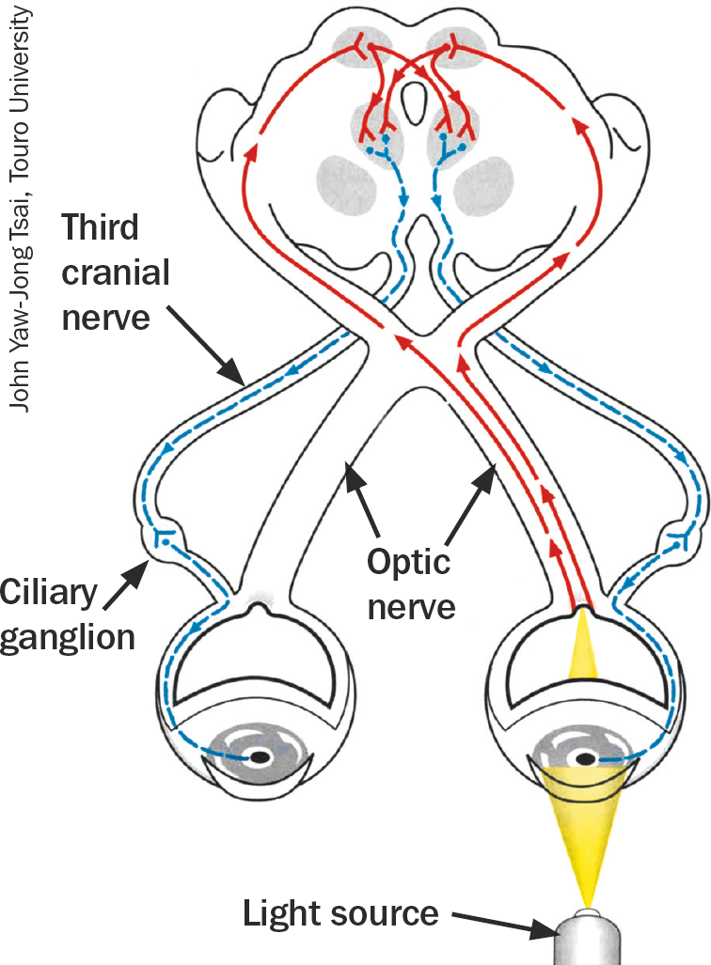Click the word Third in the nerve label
click(99, 229)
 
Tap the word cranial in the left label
click(116, 272)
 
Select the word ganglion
click(68, 639)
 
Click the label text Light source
click(340, 912)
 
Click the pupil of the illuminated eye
click(585, 758)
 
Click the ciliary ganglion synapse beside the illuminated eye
click(675, 544)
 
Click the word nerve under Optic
click(411, 606)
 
